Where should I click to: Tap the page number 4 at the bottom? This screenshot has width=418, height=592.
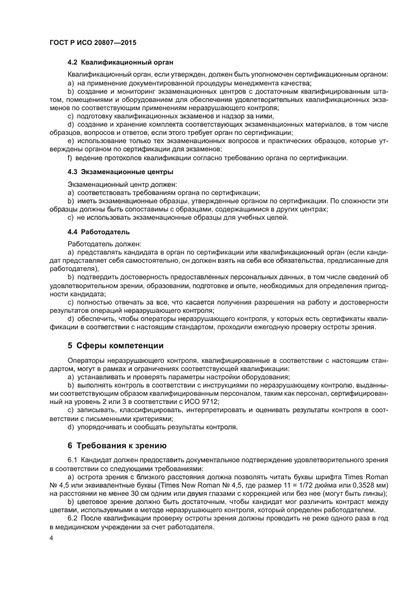51,538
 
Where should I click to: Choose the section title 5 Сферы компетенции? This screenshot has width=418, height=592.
116,346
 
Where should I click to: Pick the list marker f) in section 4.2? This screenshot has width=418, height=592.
70,157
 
